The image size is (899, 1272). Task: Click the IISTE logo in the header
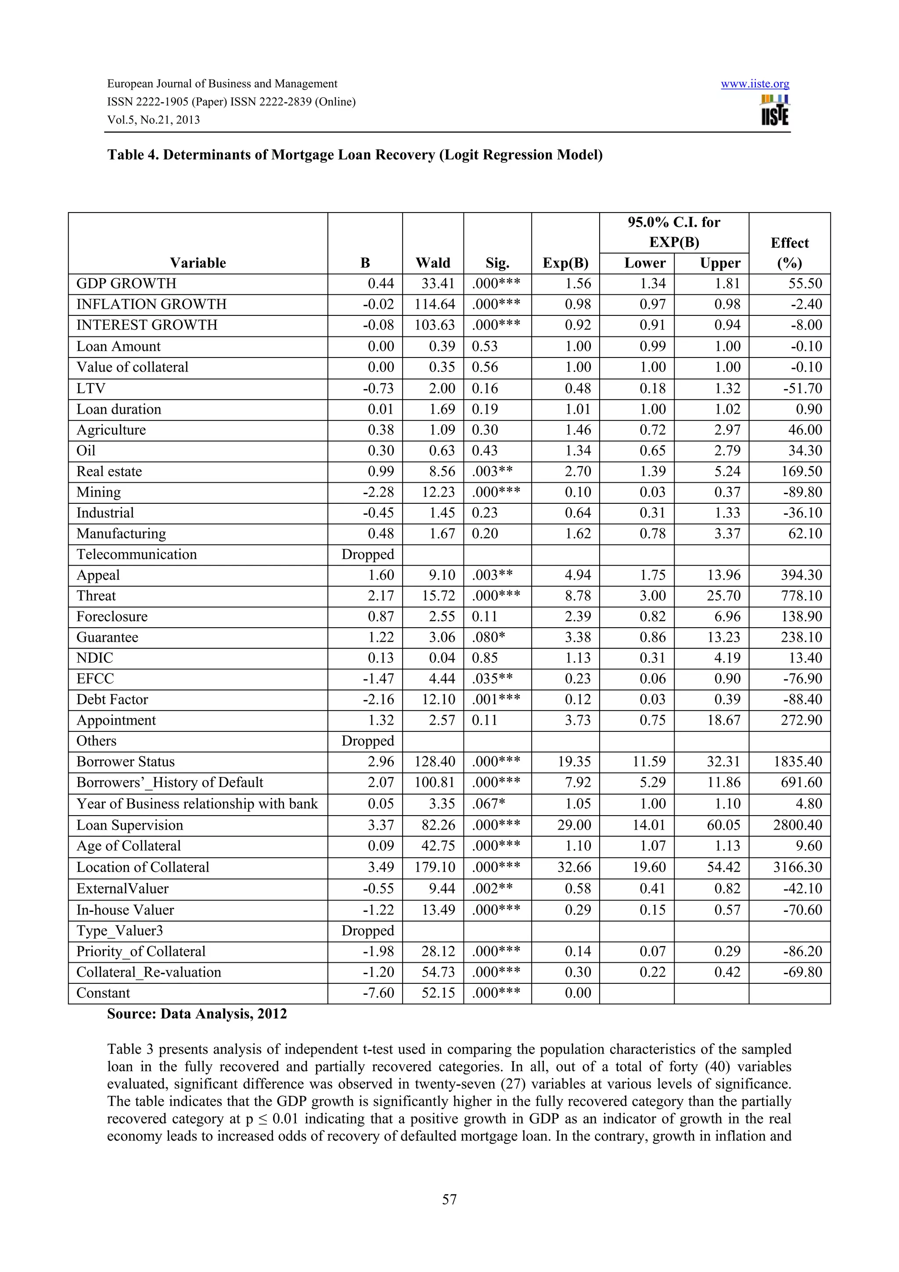tap(775, 111)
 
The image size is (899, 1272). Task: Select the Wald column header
tap(433, 263)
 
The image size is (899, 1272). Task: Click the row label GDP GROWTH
tap(126, 284)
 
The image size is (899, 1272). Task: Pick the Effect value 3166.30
tap(797, 867)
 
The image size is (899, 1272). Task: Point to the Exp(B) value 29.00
tap(574, 825)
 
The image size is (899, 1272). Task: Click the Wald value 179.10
tap(435, 867)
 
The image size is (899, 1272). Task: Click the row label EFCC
tap(95, 679)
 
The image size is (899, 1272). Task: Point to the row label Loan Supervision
tap(129, 825)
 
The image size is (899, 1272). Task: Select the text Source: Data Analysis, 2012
tap(197, 1014)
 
